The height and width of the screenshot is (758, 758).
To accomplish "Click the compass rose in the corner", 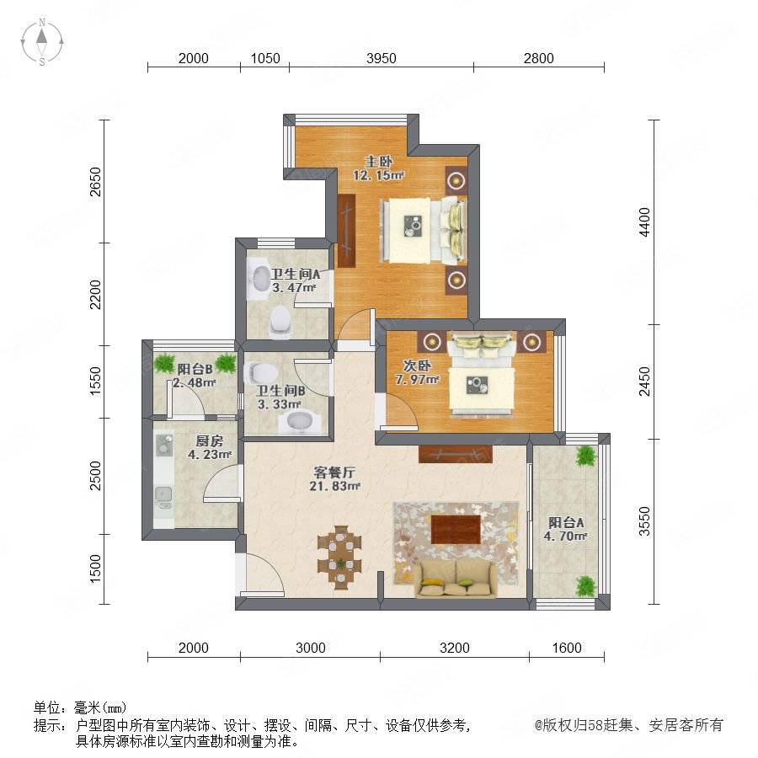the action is coord(42,42).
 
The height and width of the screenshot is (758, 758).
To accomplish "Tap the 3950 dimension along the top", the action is coord(382,58).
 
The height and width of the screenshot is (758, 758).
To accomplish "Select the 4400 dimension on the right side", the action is coord(644,222).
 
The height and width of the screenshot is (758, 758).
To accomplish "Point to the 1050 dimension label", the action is coord(265,58).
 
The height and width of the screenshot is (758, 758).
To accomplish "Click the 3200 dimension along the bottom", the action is coord(455,648).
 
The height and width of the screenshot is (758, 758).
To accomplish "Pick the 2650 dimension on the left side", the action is coord(96,182).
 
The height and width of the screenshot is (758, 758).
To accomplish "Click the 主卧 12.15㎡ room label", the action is coord(378,168).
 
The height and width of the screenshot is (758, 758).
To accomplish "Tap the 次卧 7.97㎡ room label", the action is coord(417,372).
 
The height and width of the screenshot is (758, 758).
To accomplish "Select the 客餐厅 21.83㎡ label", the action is coord(334,478).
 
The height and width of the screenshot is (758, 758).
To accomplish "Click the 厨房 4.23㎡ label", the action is coord(210,448).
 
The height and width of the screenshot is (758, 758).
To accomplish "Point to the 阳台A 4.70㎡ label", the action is coord(566,529).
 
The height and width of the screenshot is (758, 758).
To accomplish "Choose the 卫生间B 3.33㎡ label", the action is coord(280,398).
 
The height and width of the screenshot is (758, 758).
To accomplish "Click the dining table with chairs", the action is coord(340,557).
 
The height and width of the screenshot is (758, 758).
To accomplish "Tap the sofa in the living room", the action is coord(456,579).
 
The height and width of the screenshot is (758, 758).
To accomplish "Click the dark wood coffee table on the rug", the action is coord(456,530).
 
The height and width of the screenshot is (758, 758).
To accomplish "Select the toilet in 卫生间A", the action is coord(280,320).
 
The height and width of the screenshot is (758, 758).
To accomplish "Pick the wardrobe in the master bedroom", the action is coord(347,231).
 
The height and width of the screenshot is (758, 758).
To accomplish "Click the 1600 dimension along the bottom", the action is coord(567,648).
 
